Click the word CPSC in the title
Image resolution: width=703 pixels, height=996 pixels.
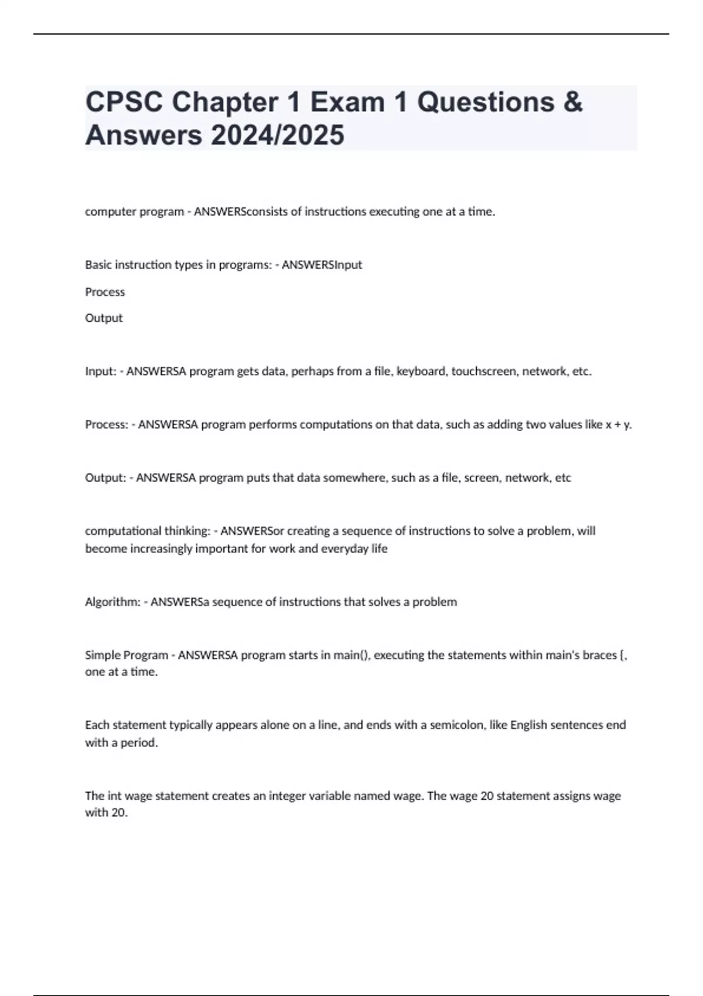click(x=124, y=103)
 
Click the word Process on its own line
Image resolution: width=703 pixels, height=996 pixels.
click(x=105, y=292)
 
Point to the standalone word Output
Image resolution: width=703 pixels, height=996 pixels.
click(x=104, y=318)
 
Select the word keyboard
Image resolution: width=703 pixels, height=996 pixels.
click(x=421, y=371)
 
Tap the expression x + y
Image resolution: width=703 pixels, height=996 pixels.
click(x=618, y=425)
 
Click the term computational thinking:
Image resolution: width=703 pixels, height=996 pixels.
click(x=148, y=531)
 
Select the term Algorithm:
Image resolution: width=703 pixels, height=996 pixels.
click(x=112, y=602)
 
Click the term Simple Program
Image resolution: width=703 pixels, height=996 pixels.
click(x=127, y=655)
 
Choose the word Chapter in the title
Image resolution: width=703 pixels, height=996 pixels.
click(x=225, y=103)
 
